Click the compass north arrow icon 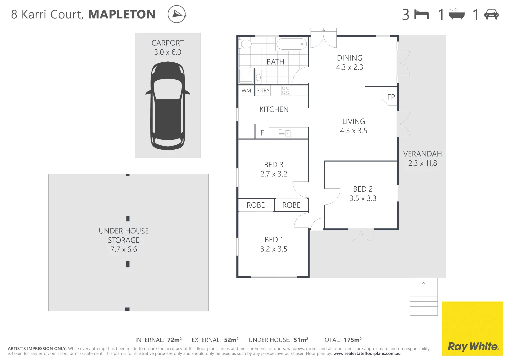tap(177, 14)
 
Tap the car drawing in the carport tap(168, 105)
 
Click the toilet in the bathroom tap(246, 44)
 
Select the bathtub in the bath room tap(291, 44)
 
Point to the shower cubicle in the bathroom tap(246, 76)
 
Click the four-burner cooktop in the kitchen tap(286, 90)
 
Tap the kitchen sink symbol tap(285, 133)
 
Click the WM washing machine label tap(246, 91)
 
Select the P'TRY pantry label tap(263, 91)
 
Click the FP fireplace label tap(391, 97)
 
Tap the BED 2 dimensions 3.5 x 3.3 tap(363, 198)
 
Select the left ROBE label tap(256, 205)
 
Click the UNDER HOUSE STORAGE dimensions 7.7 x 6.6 tap(124, 249)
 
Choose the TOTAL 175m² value tap(353, 340)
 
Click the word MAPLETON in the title tap(122, 14)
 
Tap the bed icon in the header tap(422, 14)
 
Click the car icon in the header tap(491, 14)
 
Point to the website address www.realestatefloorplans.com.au tap(367, 354)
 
